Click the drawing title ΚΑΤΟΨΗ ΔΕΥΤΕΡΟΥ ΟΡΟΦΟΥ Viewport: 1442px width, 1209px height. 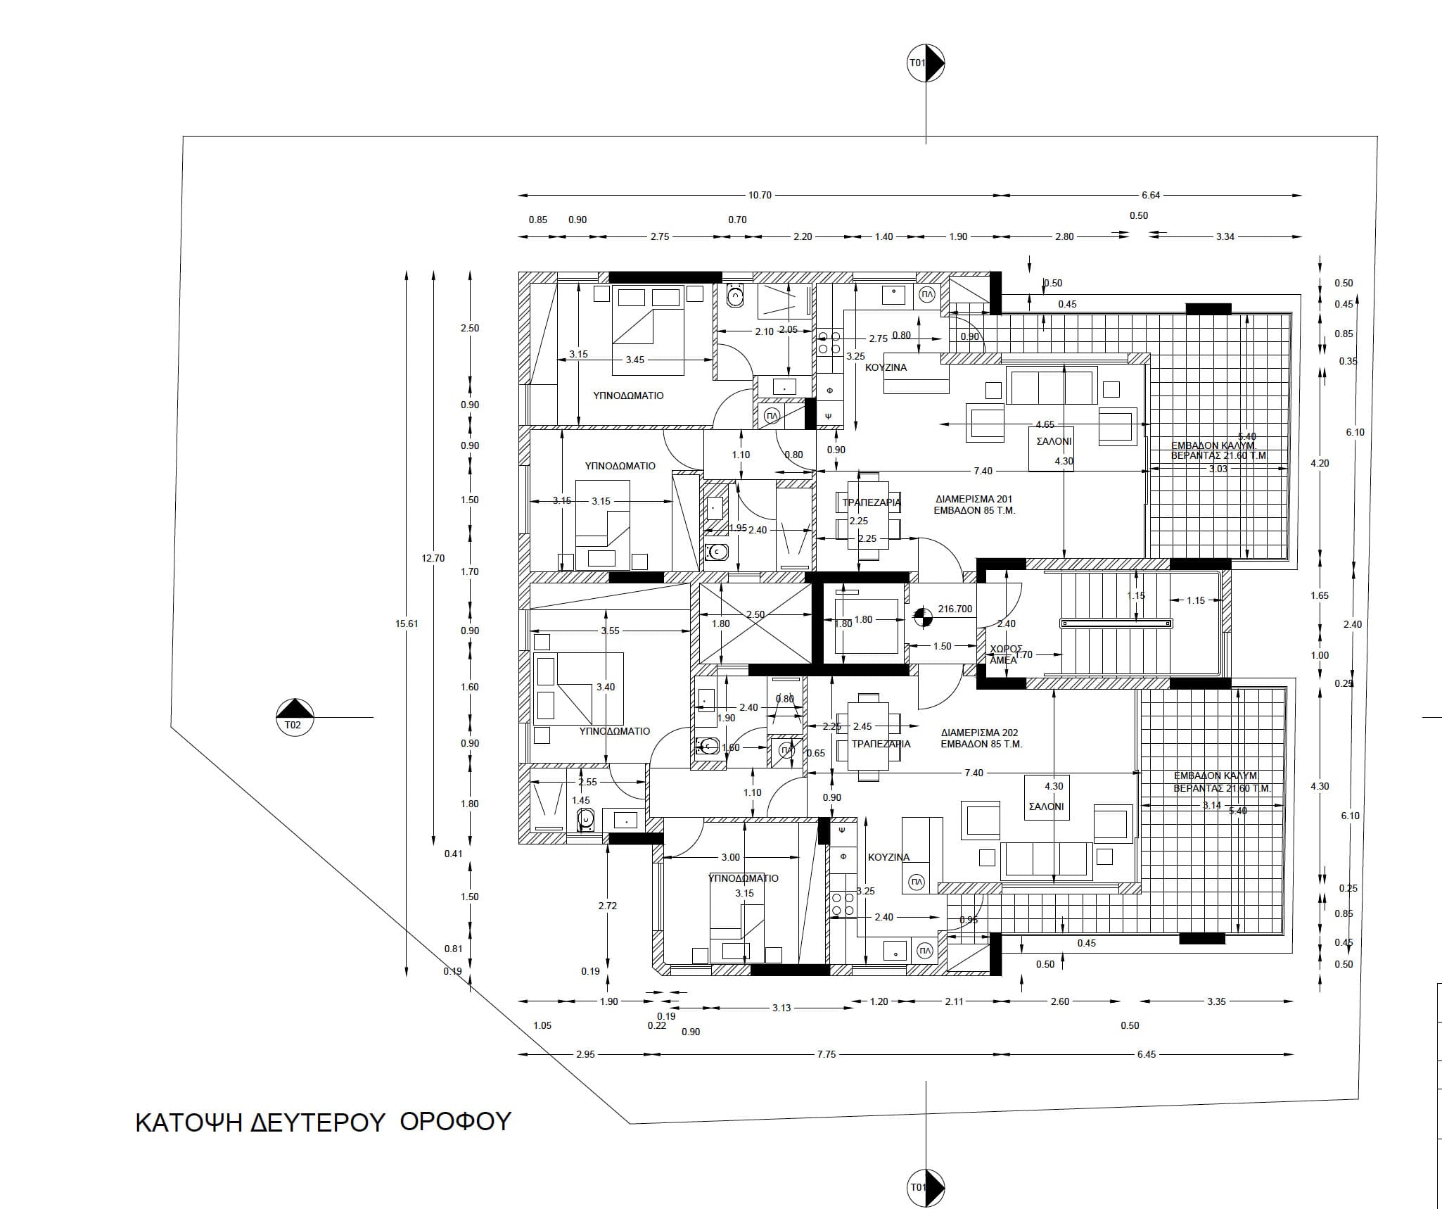(x=322, y=1122)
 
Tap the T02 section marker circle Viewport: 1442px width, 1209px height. (x=295, y=717)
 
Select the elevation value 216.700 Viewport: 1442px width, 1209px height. (x=955, y=609)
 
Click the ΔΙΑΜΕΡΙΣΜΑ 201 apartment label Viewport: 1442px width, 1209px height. (x=974, y=505)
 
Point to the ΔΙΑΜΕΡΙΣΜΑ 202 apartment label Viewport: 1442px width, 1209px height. (x=981, y=738)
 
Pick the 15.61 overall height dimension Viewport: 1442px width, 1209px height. (x=407, y=624)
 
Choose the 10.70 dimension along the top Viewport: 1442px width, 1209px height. (x=760, y=196)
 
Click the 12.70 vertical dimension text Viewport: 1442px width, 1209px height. (x=433, y=559)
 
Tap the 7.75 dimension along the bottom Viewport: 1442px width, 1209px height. (x=827, y=1054)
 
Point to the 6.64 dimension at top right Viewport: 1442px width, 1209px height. (x=1151, y=196)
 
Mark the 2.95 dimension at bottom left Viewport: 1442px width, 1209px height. (x=585, y=1054)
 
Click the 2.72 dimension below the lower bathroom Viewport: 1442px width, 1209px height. (x=607, y=906)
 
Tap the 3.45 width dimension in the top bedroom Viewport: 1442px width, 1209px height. (x=634, y=360)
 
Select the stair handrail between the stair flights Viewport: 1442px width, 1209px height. (x=1116, y=623)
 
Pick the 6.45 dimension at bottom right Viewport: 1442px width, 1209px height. (x=1146, y=1054)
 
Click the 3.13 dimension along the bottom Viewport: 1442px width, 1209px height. (x=781, y=1008)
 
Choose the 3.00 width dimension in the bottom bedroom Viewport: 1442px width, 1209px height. (x=731, y=857)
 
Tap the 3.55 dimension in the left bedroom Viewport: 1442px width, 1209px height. (x=610, y=631)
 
